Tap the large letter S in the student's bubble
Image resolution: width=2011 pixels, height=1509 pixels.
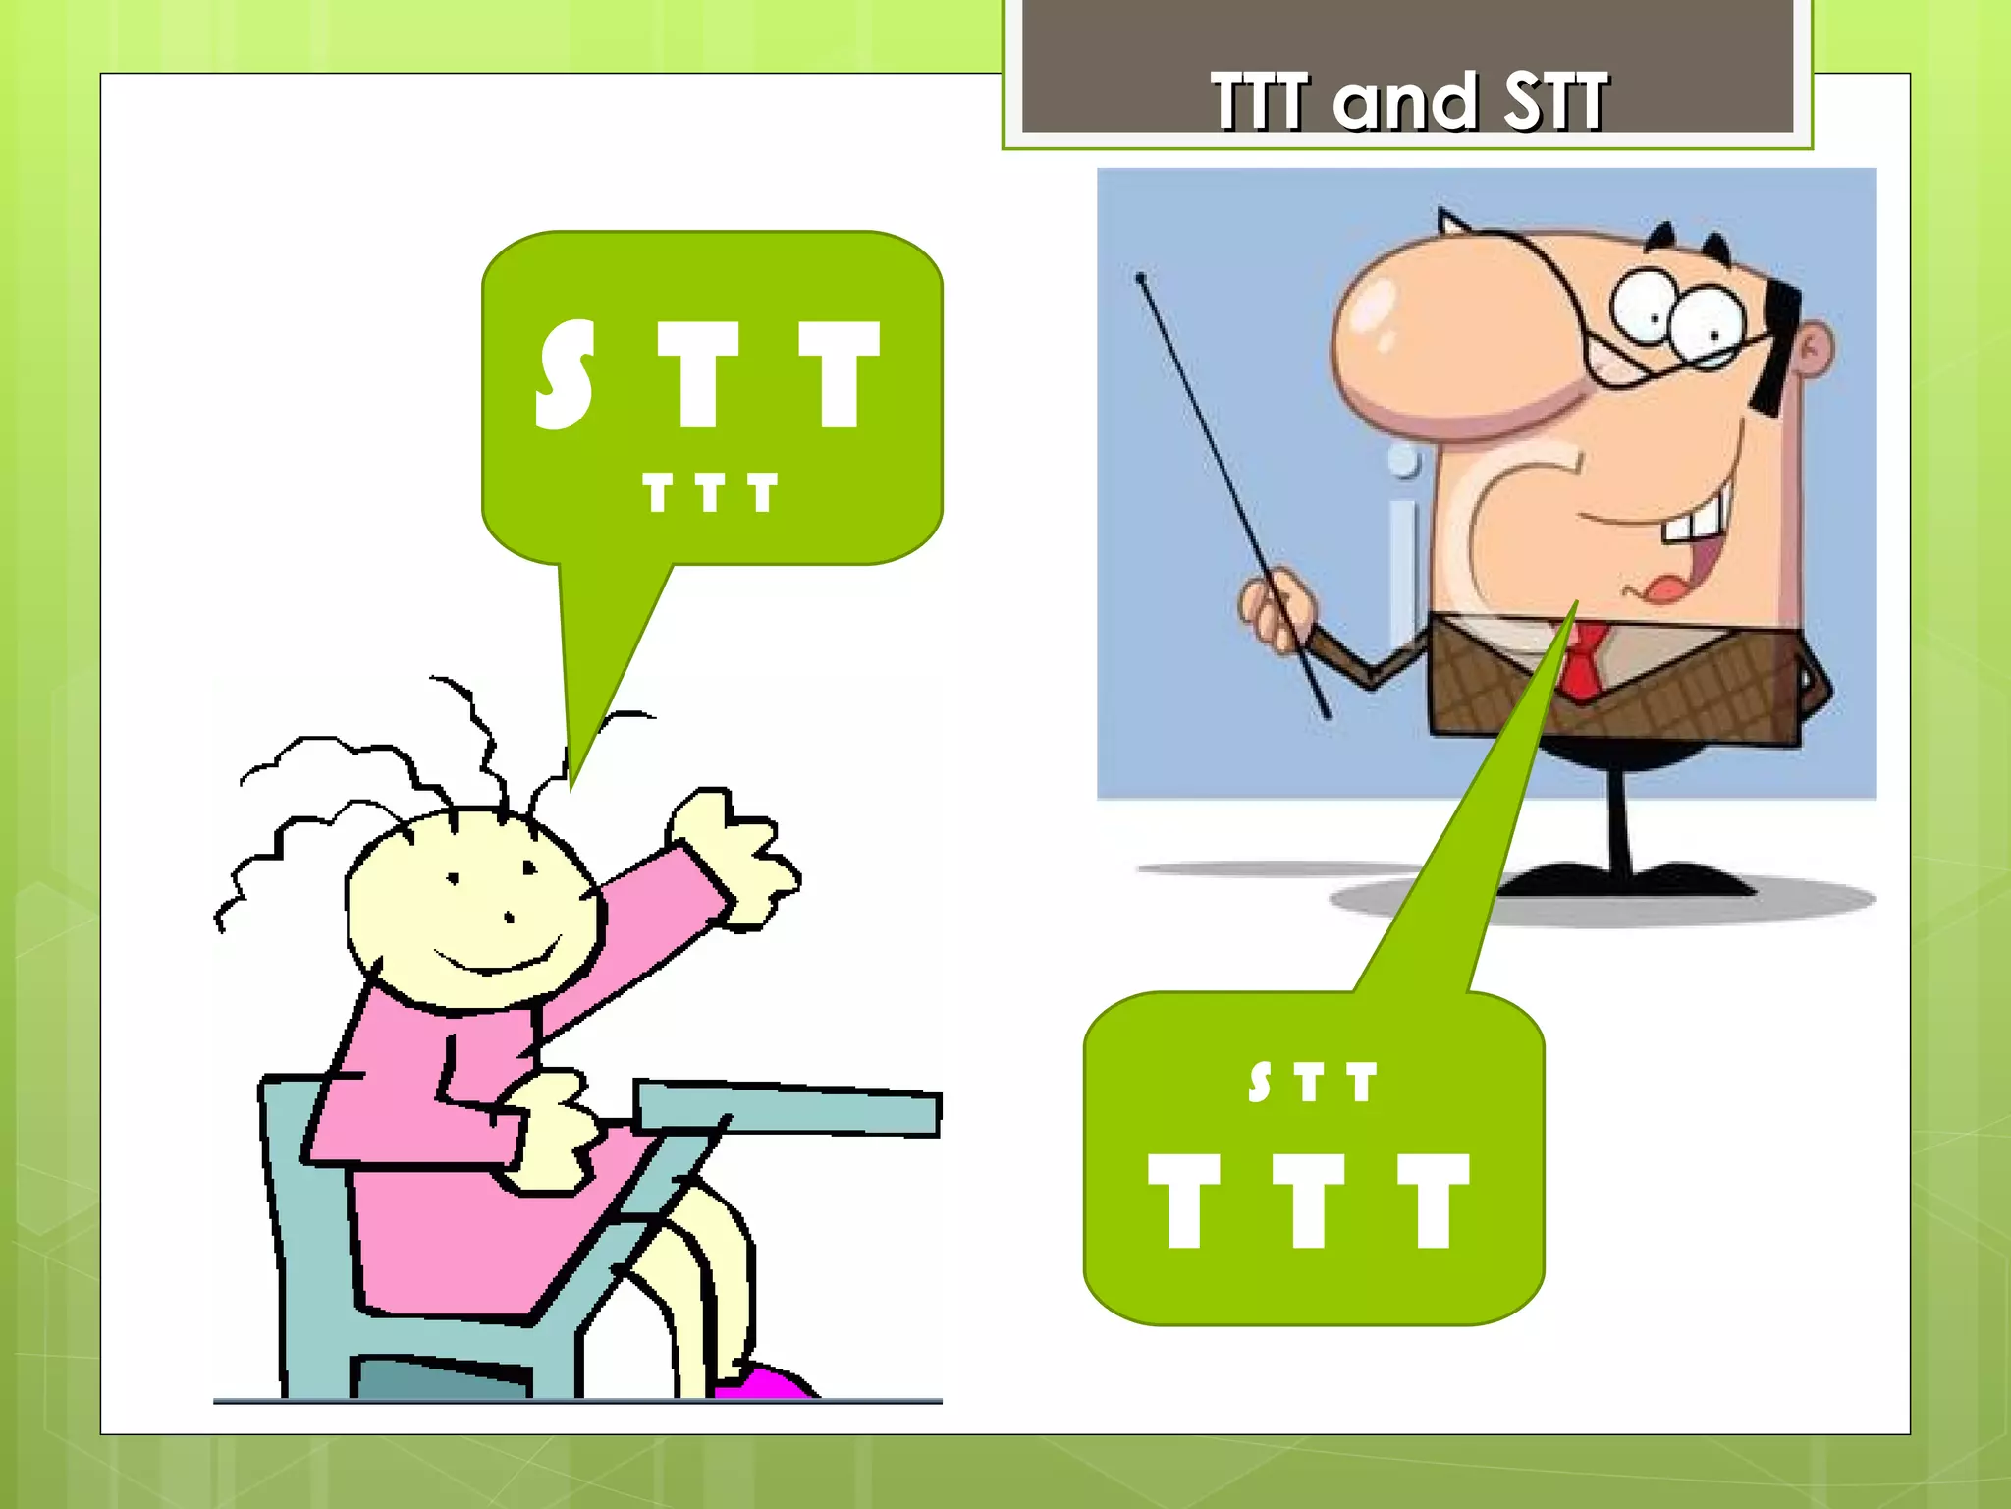point(565,375)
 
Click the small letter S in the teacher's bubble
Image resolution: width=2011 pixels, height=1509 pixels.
point(1260,1083)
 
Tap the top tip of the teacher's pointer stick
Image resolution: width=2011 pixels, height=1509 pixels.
point(1141,279)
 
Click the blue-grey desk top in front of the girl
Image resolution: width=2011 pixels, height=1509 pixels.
point(786,1106)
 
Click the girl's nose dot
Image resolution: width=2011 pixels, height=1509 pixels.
point(509,918)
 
